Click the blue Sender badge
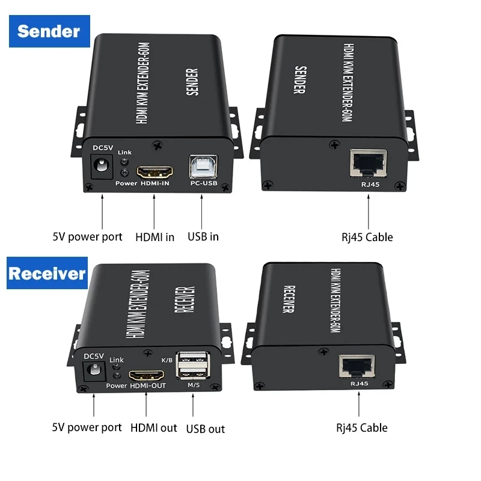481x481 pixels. [x=49, y=31]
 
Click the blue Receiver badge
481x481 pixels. [x=47, y=274]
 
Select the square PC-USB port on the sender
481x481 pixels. [x=203, y=166]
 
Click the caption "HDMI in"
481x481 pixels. [x=154, y=237]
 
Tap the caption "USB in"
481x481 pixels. [x=203, y=237]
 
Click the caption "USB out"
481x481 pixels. [x=206, y=429]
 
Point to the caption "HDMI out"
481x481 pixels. [x=154, y=428]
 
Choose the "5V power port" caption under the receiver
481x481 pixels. [x=87, y=428]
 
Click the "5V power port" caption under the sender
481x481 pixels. [x=87, y=237]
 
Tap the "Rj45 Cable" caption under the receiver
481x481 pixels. [x=361, y=428]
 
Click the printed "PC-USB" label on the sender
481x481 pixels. [x=204, y=183]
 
